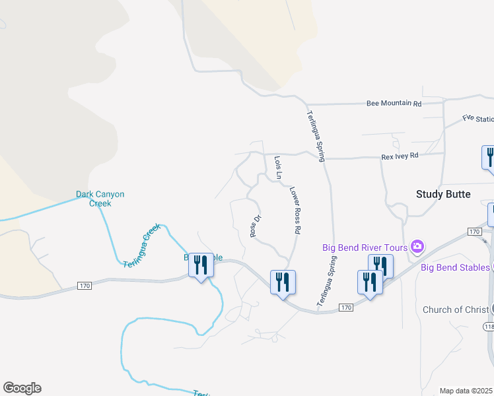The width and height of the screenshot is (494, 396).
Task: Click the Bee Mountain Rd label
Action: [x=394, y=104]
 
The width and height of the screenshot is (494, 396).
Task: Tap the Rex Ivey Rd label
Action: [x=400, y=156]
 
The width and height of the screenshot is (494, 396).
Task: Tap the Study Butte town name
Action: [x=443, y=194]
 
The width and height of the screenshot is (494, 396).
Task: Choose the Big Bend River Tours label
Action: [x=365, y=247]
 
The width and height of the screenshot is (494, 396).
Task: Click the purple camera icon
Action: [x=417, y=247]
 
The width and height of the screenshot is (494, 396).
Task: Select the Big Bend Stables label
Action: [x=456, y=267]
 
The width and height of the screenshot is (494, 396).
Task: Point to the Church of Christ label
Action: [x=456, y=310]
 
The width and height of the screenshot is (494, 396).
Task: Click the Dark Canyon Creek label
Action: [x=100, y=199]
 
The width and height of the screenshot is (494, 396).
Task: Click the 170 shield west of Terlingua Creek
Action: [x=84, y=286]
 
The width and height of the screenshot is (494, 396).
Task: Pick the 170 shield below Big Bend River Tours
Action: [x=346, y=308]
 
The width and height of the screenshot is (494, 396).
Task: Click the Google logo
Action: [x=22, y=388]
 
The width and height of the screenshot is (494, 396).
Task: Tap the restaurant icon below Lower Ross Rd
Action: [x=283, y=282]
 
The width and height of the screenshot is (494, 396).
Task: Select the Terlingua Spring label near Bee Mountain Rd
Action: [x=316, y=136]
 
